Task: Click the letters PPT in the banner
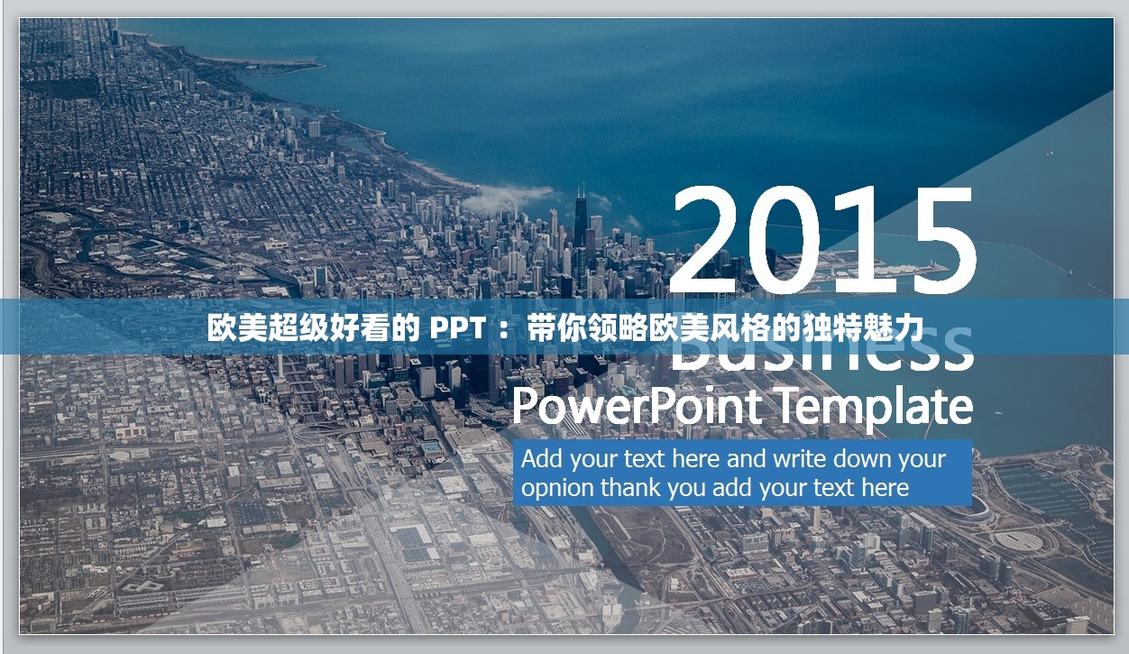pyautogui.click(x=457, y=328)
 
